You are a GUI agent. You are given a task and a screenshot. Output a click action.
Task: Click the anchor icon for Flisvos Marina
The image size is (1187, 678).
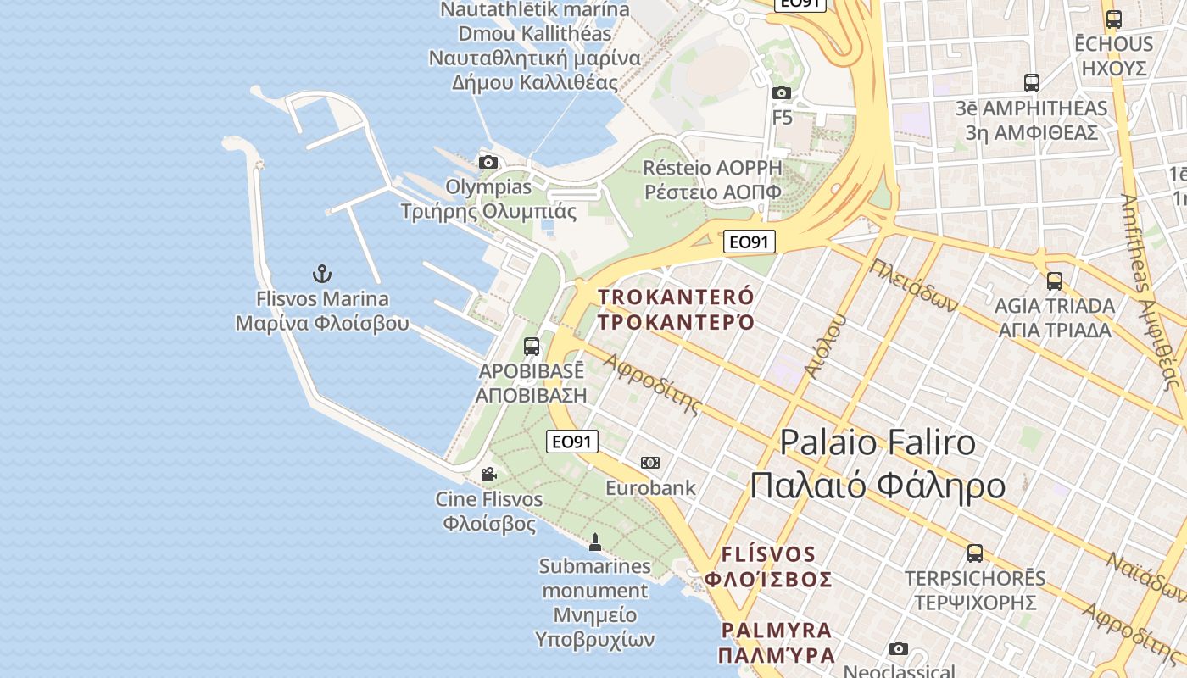pos(321,274)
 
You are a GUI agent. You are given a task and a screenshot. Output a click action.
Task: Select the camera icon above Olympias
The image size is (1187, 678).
pos(488,162)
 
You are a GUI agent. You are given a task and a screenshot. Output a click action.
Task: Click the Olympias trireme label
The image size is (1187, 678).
pos(489,199)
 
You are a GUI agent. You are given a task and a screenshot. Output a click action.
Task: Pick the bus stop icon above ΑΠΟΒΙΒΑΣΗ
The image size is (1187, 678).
pos(532,347)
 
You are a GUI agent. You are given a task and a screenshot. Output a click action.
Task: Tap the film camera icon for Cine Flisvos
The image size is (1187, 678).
pos(488,475)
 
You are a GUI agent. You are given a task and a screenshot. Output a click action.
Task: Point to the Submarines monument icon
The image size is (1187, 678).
pos(595,542)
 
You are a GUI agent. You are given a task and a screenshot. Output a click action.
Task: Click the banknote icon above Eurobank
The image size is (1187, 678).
pos(650,463)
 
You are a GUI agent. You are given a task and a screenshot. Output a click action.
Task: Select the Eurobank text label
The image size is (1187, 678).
pos(650,488)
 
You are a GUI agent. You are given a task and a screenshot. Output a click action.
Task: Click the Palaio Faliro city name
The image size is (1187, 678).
pos(878,464)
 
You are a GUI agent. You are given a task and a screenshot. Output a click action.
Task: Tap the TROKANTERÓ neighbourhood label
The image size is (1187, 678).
pos(676,309)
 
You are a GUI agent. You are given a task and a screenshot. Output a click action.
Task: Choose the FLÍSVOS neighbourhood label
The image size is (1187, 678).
pos(768,567)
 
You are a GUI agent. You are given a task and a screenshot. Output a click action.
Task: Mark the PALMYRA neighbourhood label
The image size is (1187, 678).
pos(777,642)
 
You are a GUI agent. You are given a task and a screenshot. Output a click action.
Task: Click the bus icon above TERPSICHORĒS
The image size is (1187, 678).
pos(975,553)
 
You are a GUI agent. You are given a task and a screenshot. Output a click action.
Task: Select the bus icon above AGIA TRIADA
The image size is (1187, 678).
pos(1055,281)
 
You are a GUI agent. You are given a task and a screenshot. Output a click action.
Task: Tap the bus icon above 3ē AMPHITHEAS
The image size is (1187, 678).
pos(1032,83)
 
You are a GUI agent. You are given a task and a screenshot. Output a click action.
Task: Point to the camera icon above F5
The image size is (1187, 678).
pos(782,92)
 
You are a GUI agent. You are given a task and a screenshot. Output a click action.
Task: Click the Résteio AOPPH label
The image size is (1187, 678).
pos(712,179)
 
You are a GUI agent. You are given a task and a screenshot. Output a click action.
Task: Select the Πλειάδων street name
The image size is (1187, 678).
pos(914,286)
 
